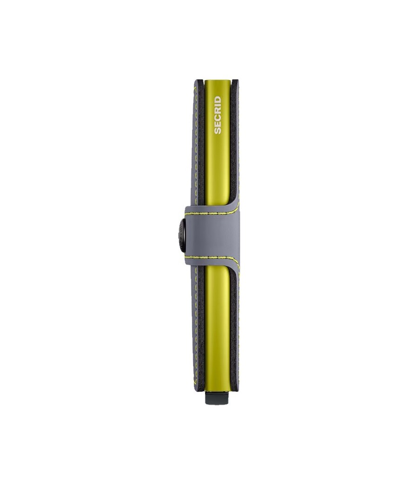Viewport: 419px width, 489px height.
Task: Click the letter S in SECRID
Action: [217, 130]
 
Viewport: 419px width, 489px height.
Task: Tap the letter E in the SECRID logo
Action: [217, 123]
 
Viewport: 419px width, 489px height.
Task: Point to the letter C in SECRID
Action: [217, 116]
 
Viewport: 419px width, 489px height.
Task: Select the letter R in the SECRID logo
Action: [217, 110]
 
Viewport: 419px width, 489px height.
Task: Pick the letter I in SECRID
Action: [217, 104]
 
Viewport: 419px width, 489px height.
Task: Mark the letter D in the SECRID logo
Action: [217, 99]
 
